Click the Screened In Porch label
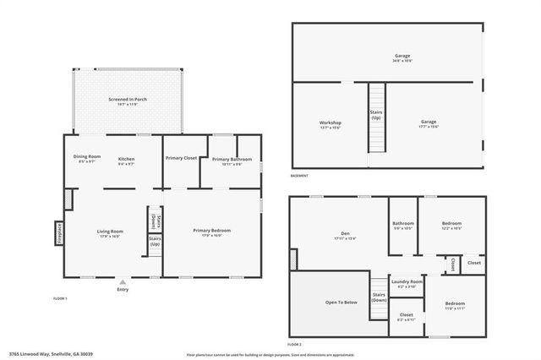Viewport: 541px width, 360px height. [x=128, y=100]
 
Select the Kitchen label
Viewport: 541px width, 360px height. [x=127, y=158]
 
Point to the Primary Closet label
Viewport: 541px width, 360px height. [x=181, y=158]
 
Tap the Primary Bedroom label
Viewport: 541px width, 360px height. [x=211, y=231]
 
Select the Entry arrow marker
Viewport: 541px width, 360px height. [x=123, y=282]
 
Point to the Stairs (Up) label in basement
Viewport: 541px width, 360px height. [x=376, y=115]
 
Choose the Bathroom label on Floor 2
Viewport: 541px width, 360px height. [x=402, y=224]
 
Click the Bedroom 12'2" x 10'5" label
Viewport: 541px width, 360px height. [x=452, y=224]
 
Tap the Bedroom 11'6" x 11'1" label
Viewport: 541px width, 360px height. [x=455, y=303]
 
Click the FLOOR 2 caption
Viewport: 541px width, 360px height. [x=294, y=345]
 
